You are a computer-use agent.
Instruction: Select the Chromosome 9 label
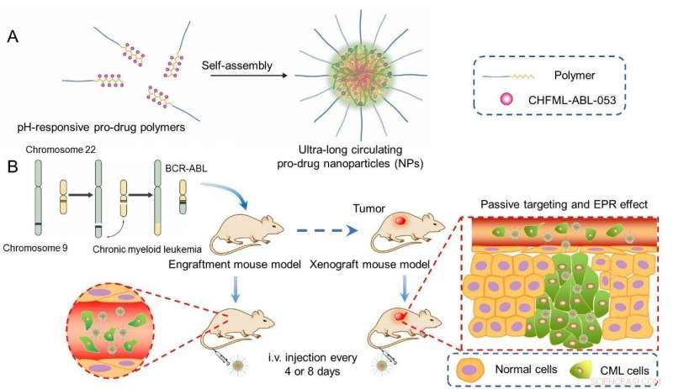coord(40,250)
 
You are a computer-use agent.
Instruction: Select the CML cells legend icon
coord(572,367)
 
